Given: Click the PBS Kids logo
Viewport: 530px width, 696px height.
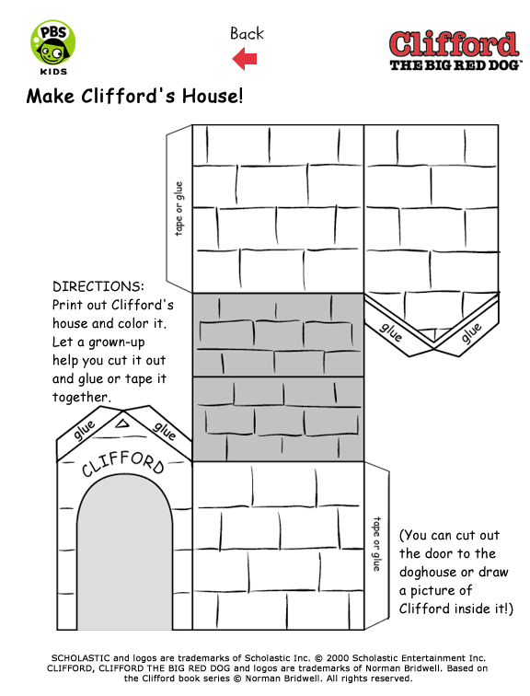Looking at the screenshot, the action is tap(52, 47).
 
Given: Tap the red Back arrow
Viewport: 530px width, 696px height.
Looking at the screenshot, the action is tap(245, 59).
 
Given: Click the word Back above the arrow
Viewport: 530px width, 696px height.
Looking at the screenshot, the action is tap(247, 33).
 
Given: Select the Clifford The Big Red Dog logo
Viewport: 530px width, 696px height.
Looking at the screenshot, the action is tap(455, 51).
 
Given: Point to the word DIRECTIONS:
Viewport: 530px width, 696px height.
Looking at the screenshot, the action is tap(98, 286).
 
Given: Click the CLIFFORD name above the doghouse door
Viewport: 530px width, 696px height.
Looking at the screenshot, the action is tap(123, 464).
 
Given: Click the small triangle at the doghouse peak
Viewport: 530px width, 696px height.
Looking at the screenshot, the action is tap(122, 423).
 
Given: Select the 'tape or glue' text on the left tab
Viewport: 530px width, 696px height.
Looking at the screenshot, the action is tap(179, 209).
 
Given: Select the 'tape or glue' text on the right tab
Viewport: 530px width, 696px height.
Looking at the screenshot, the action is tap(376, 543).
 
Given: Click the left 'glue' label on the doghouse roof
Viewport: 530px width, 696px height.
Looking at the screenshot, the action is tap(85, 430).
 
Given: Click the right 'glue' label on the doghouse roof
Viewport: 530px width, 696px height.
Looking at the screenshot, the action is tap(165, 431).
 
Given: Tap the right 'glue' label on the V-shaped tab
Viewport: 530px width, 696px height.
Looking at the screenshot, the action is tap(470, 332).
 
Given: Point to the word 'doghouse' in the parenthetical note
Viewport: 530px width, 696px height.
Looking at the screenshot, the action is tap(428, 572).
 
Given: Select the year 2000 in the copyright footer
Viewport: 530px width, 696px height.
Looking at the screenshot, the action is tap(339, 658).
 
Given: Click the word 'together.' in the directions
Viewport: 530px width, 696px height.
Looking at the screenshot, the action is tap(82, 397).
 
